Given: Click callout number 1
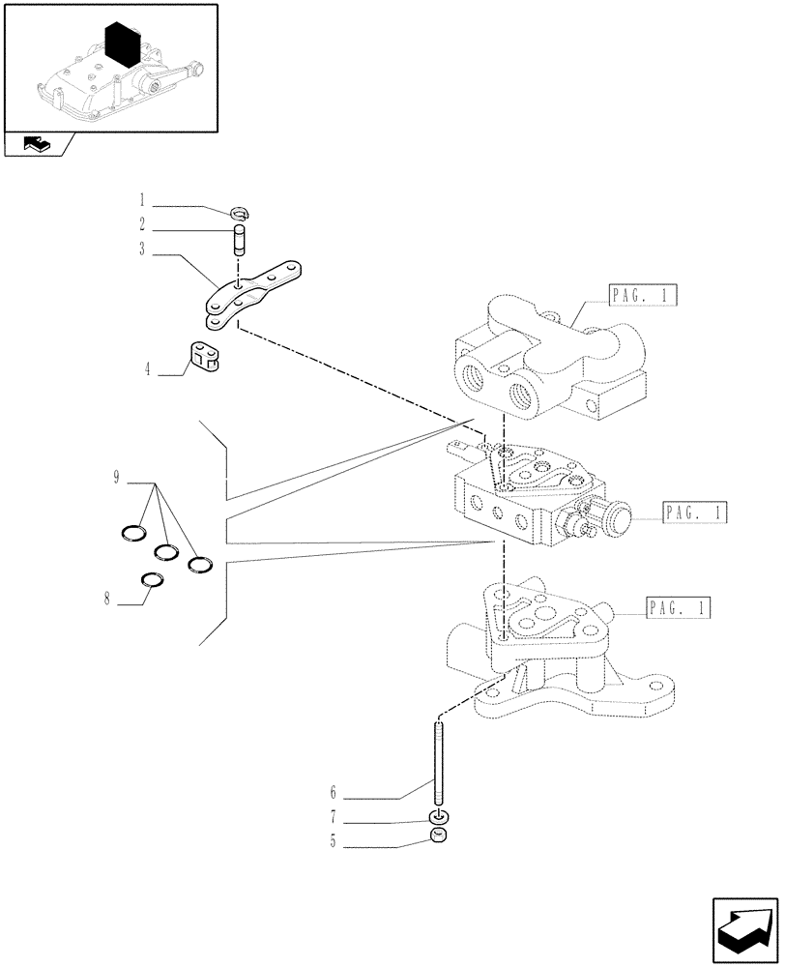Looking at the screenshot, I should pyautogui.click(x=141, y=202).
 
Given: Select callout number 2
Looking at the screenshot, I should pyautogui.click(x=141, y=224).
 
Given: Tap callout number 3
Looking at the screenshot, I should pyautogui.click(x=141, y=249).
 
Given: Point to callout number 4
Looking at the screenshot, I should pyautogui.click(x=149, y=368).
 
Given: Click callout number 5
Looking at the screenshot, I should pyautogui.click(x=334, y=842).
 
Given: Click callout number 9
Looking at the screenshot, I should pyautogui.click(x=116, y=476).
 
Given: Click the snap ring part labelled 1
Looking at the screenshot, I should pyautogui.click(x=242, y=213).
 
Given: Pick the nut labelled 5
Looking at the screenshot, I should pyautogui.click(x=438, y=837).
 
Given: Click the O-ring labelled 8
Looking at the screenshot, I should pyautogui.click(x=151, y=579).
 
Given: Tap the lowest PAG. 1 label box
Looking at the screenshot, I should pyautogui.click(x=678, y=608).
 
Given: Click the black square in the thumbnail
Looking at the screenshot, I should pyautogui.click(x=129, y=46).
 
